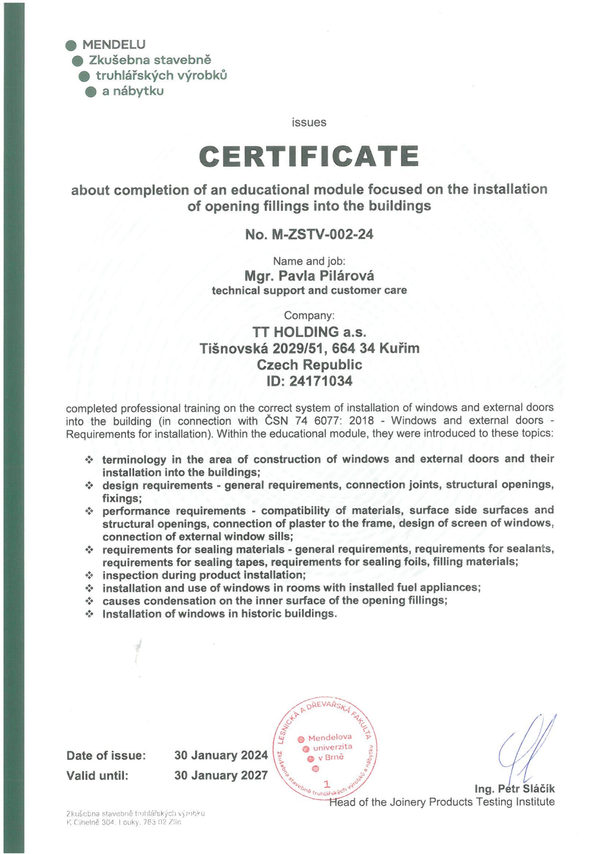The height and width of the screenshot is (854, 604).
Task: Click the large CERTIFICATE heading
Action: (309, 156)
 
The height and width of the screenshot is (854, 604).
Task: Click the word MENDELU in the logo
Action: (114, 45)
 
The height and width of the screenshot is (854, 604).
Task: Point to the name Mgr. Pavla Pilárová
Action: (309, 276)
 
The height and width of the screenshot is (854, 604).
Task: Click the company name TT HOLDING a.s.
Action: (309, 331)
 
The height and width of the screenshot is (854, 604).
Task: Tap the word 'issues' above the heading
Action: (309, 122)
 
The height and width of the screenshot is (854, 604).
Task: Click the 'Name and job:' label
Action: (309, 261)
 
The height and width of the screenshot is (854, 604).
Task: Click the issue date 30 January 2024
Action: (221, 755)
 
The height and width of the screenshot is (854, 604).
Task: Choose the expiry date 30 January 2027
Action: (221, 775)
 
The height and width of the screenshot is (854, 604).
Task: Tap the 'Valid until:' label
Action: (97, 775)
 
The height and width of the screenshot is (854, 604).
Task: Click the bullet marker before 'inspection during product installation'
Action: (89, 575)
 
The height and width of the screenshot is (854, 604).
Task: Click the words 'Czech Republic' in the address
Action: (309, 365)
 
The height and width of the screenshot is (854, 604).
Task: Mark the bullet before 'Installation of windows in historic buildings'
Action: (89, 614)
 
